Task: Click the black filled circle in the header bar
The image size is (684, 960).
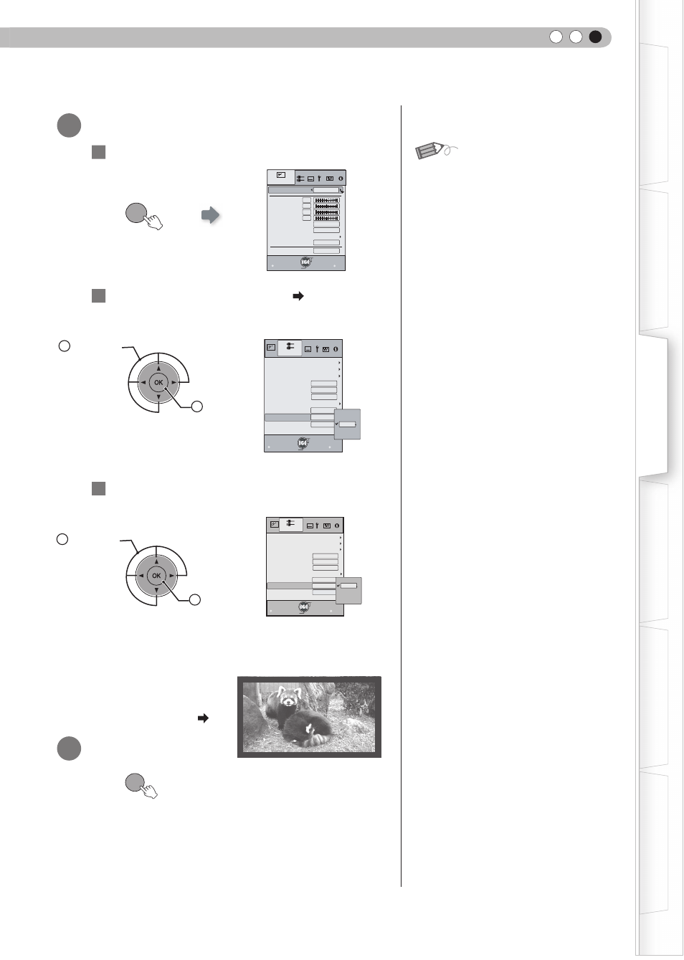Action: pos(595,37)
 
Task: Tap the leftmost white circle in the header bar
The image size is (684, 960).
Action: pos(556,37)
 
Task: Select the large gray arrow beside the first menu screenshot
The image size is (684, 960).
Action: pos(210,214)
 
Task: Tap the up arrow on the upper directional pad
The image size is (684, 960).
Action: pos(158,368)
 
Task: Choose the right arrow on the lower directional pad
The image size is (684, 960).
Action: pos(171,576)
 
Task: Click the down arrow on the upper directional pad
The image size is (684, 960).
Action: pos(158,397)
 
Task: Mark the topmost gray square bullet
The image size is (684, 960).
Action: pos(98,152)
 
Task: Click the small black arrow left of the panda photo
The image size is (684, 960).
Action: pos(203,718)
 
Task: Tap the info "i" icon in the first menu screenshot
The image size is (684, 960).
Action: pos(341,179)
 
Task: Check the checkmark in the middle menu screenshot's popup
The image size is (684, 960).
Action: pos(337,424)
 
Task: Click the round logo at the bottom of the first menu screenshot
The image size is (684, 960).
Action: pos(305,262)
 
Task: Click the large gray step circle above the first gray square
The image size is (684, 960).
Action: pos(69,125)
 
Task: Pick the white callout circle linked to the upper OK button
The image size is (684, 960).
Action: pos(196,407)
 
